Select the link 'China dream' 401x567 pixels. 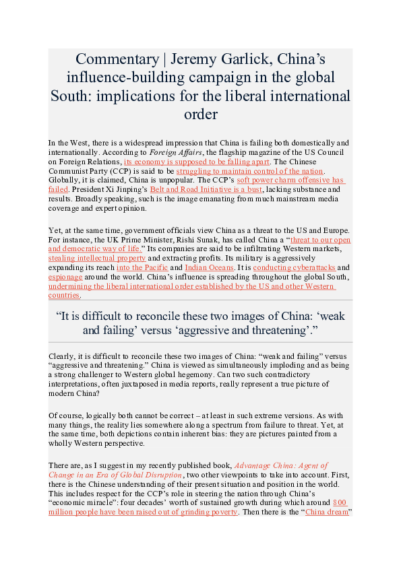pos(326,512)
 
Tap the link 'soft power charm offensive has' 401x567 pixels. pos(291,180)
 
